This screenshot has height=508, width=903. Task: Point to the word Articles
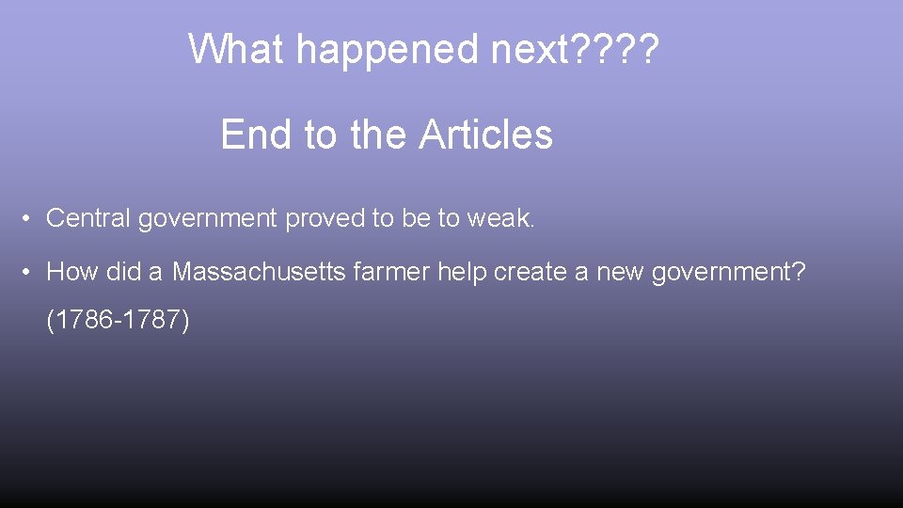485,135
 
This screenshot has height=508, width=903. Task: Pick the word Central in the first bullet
88,219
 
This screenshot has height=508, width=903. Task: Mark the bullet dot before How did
30,273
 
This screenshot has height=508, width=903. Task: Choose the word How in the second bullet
69,273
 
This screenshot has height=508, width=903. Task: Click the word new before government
617,273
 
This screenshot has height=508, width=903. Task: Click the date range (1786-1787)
118,321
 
